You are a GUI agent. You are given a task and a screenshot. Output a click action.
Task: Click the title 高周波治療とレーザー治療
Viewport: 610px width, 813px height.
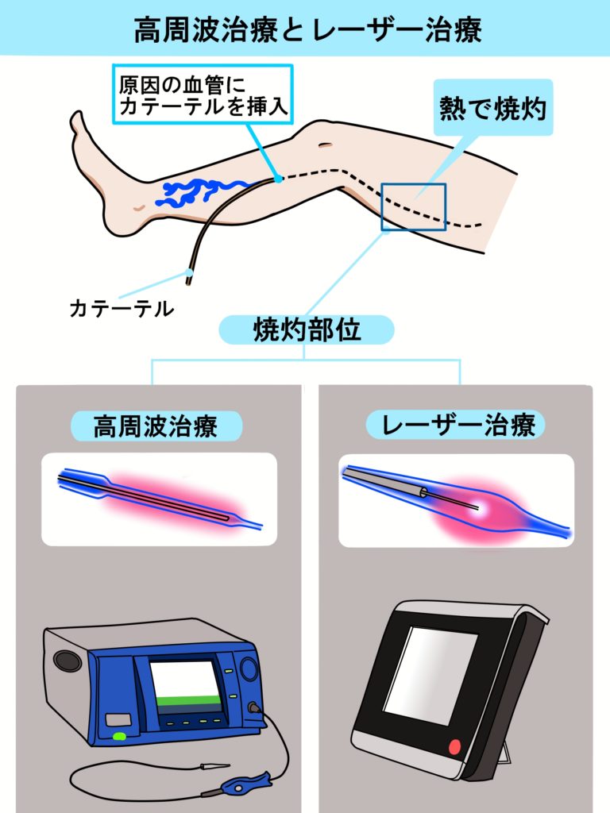coord(307,29)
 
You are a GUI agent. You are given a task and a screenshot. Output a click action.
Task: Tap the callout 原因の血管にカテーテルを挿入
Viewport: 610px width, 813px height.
coord(203,94)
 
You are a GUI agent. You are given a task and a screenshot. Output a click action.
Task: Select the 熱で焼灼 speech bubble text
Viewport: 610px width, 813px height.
coord(492,108)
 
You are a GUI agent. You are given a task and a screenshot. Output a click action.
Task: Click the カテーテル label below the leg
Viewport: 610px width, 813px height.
coord(122,309)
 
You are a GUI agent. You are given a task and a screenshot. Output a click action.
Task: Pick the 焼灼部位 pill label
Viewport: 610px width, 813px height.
coord(307,329)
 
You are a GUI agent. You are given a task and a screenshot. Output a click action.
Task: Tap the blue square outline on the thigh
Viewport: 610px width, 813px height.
coord(413,206)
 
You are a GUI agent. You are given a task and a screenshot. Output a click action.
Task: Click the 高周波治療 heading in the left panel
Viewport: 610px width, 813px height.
coord(156,426)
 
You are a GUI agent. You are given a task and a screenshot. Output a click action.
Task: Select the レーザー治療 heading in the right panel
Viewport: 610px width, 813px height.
coord(456,425)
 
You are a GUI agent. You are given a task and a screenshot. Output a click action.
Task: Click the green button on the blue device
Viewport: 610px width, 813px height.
coord(120,736)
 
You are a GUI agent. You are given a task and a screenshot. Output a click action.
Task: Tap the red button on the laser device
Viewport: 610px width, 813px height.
coord(454,747)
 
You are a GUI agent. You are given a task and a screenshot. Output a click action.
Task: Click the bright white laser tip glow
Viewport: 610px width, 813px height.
coord(479,509)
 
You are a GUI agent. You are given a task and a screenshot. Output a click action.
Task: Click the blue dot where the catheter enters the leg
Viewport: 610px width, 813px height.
coord(279,179)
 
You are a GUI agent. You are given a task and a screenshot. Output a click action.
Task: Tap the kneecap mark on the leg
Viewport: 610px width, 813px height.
coord(326,145)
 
